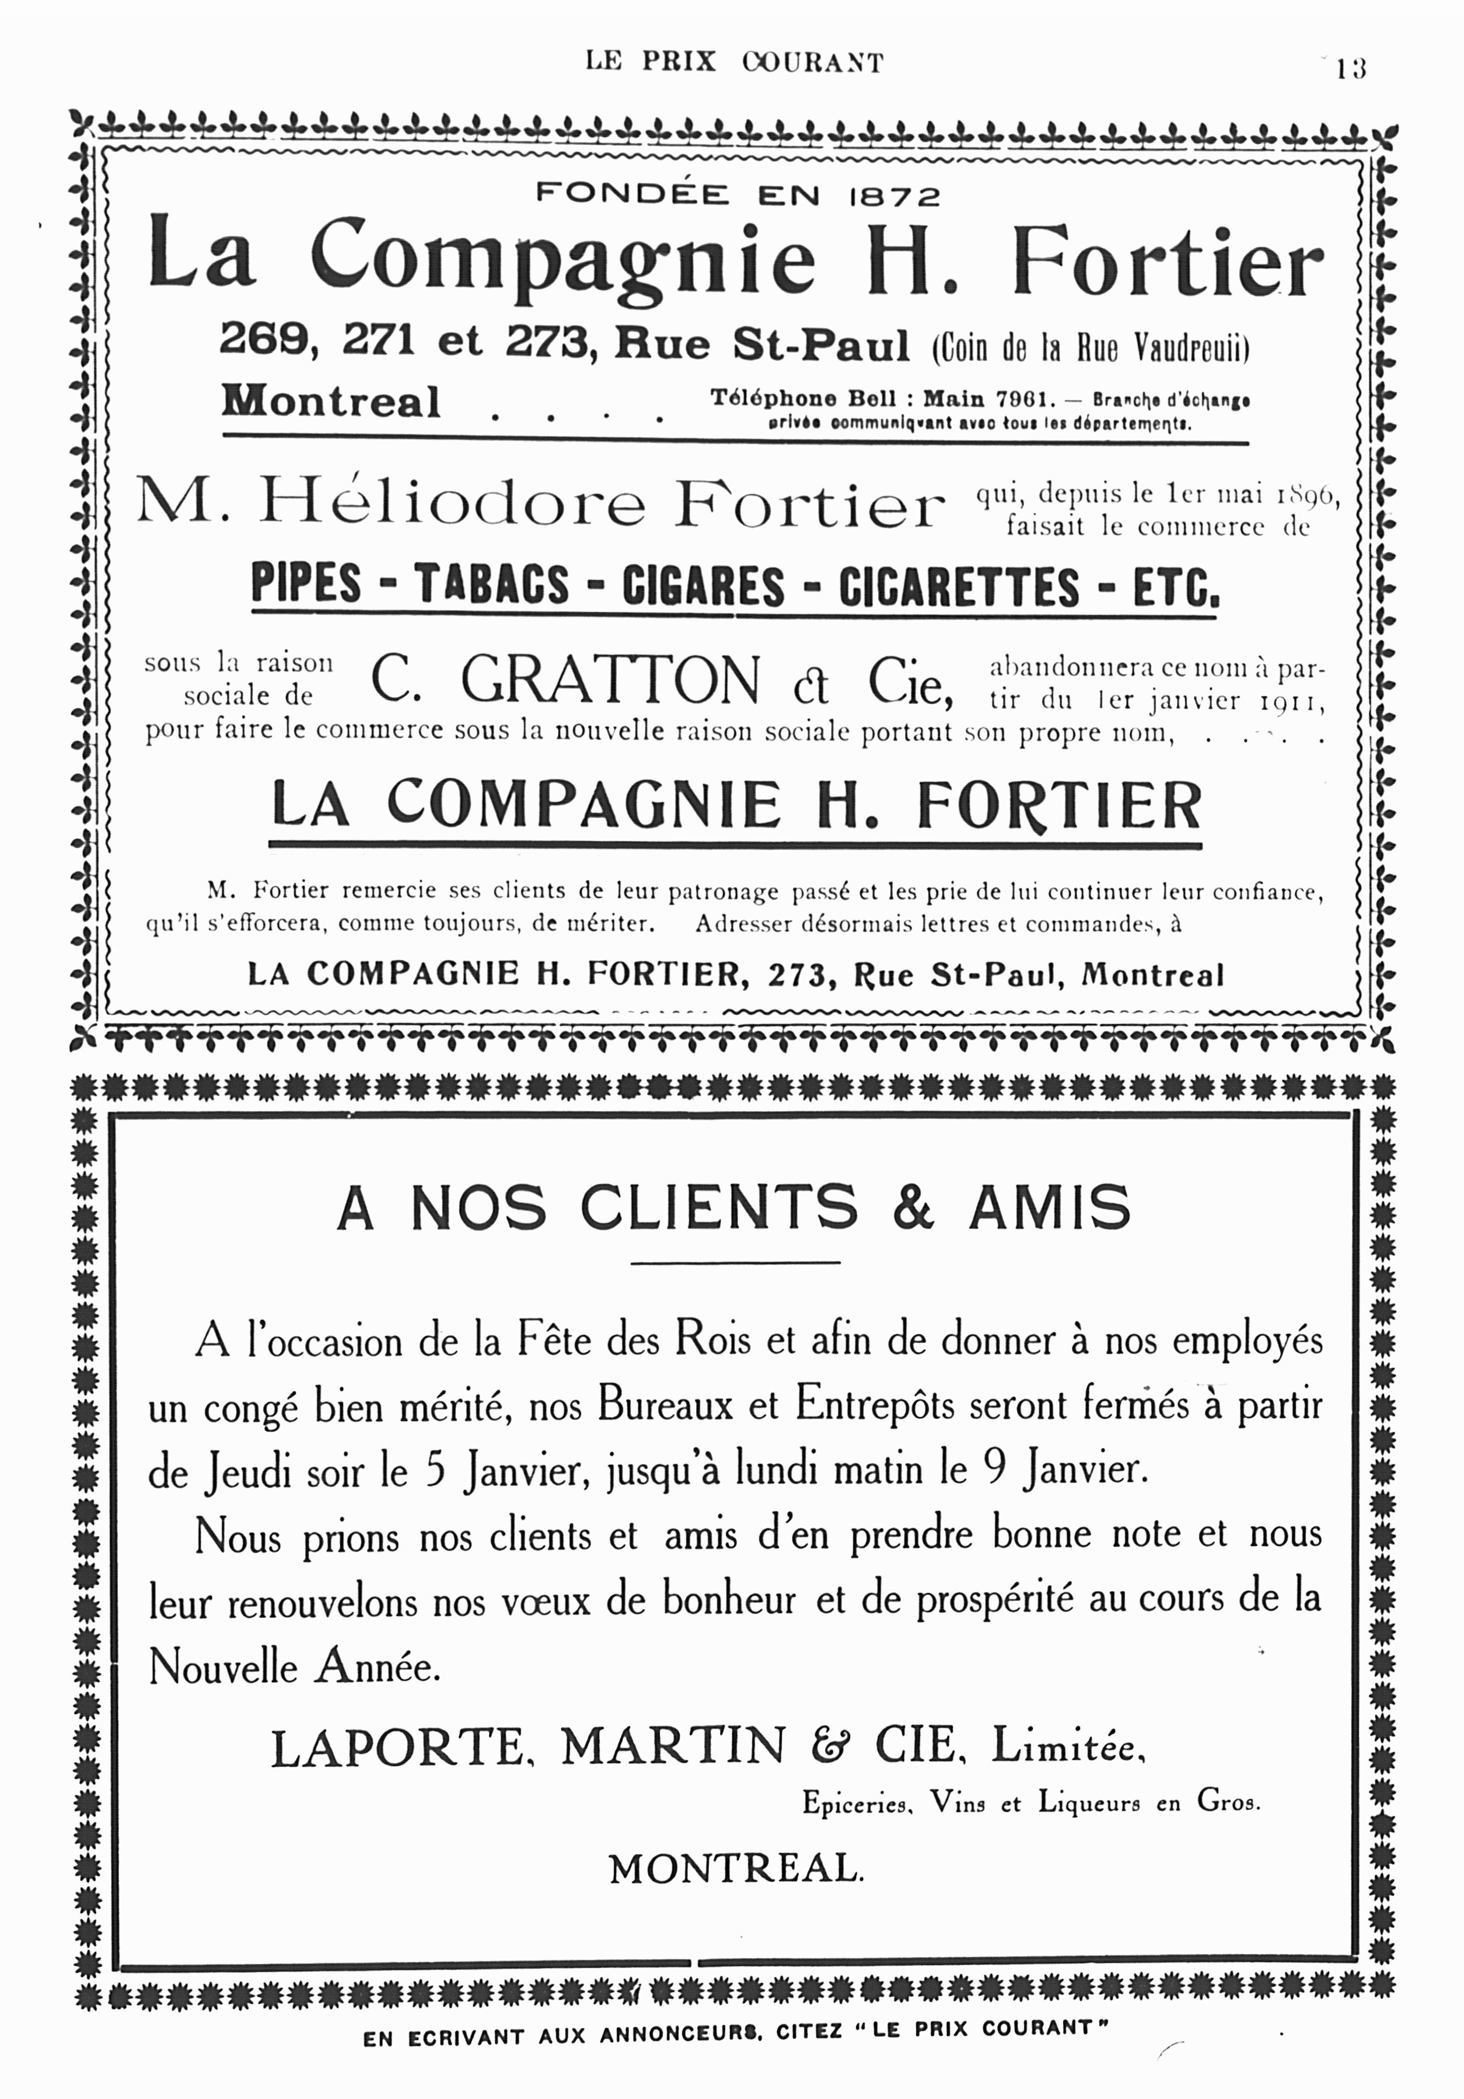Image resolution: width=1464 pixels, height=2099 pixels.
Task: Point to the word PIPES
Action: click(306, 585)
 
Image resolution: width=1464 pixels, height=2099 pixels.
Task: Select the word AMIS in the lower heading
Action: click(1049, 1207)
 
